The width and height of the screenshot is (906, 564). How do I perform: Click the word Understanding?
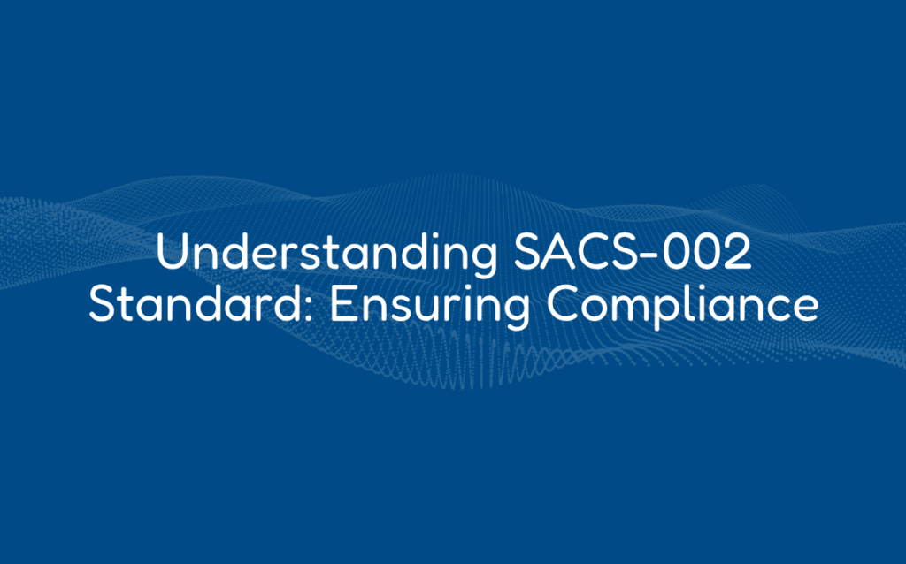(326, 255)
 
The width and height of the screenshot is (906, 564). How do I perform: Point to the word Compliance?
(680, 306)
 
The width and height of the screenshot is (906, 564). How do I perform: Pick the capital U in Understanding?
(173, 255)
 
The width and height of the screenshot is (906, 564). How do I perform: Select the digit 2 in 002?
(735, 255)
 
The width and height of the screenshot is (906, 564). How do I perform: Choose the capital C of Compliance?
(564, 306)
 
